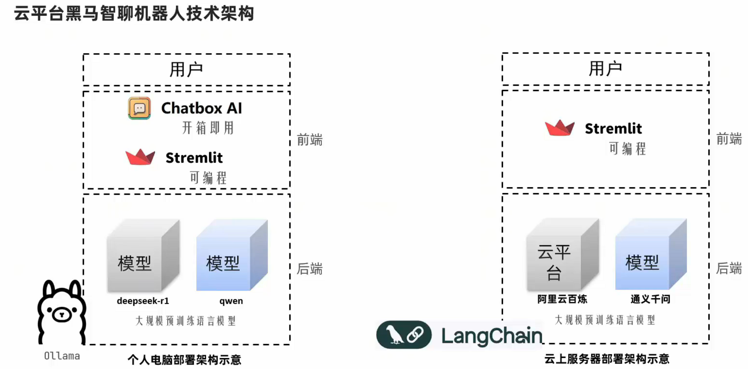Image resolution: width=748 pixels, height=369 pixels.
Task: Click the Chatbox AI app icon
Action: [x=139, y=108]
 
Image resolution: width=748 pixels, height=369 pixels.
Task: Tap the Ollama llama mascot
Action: [x=62, y=312]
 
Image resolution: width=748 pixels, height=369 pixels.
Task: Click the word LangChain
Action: [x=491, y=336]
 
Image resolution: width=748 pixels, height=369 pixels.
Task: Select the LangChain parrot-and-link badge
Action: [x=404, y=335]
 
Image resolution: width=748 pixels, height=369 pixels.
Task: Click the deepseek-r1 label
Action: [x=143, y=301]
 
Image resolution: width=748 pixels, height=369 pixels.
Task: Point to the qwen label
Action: [x=231, y=301]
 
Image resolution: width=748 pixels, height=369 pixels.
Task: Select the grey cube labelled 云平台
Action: [x=562, y=256]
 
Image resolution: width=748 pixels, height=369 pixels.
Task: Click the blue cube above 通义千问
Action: [x=650, y=256]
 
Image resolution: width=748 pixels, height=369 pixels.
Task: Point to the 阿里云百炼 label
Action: [x=562, y=299]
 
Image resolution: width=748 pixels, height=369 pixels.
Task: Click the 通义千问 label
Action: [x=650, y=299]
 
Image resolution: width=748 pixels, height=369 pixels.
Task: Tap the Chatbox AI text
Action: [x=201, y=108]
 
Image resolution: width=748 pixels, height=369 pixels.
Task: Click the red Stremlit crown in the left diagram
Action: [x=140, y=157]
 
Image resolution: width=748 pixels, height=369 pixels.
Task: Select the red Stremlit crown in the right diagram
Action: [x=559, y=128]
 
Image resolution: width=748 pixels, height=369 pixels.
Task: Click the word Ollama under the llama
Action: [x=62, y=356]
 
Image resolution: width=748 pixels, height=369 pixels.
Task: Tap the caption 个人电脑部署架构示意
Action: [x=184, y=360]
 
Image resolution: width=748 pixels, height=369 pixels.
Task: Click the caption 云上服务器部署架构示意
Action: [x=607, y=359]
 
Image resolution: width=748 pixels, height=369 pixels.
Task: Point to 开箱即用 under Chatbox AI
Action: [x=208, y=128]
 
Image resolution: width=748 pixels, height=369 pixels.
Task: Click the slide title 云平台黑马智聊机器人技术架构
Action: [x=134, y=14]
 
